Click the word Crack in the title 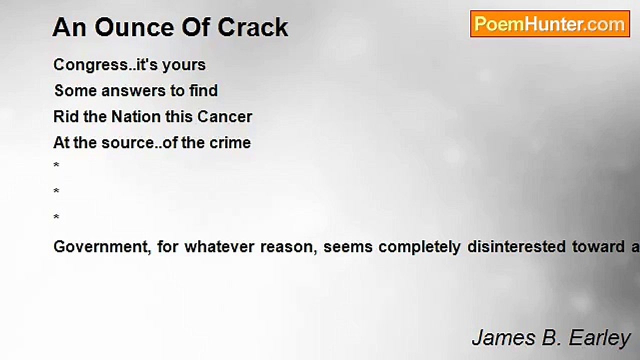253,27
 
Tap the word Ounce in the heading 134,27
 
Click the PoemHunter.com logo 550,24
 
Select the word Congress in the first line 91,65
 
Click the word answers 133,91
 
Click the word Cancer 224,117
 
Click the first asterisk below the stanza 56,165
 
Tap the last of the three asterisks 56,217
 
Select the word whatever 219,247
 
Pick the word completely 419,247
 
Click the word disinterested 516,247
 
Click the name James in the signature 503,338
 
